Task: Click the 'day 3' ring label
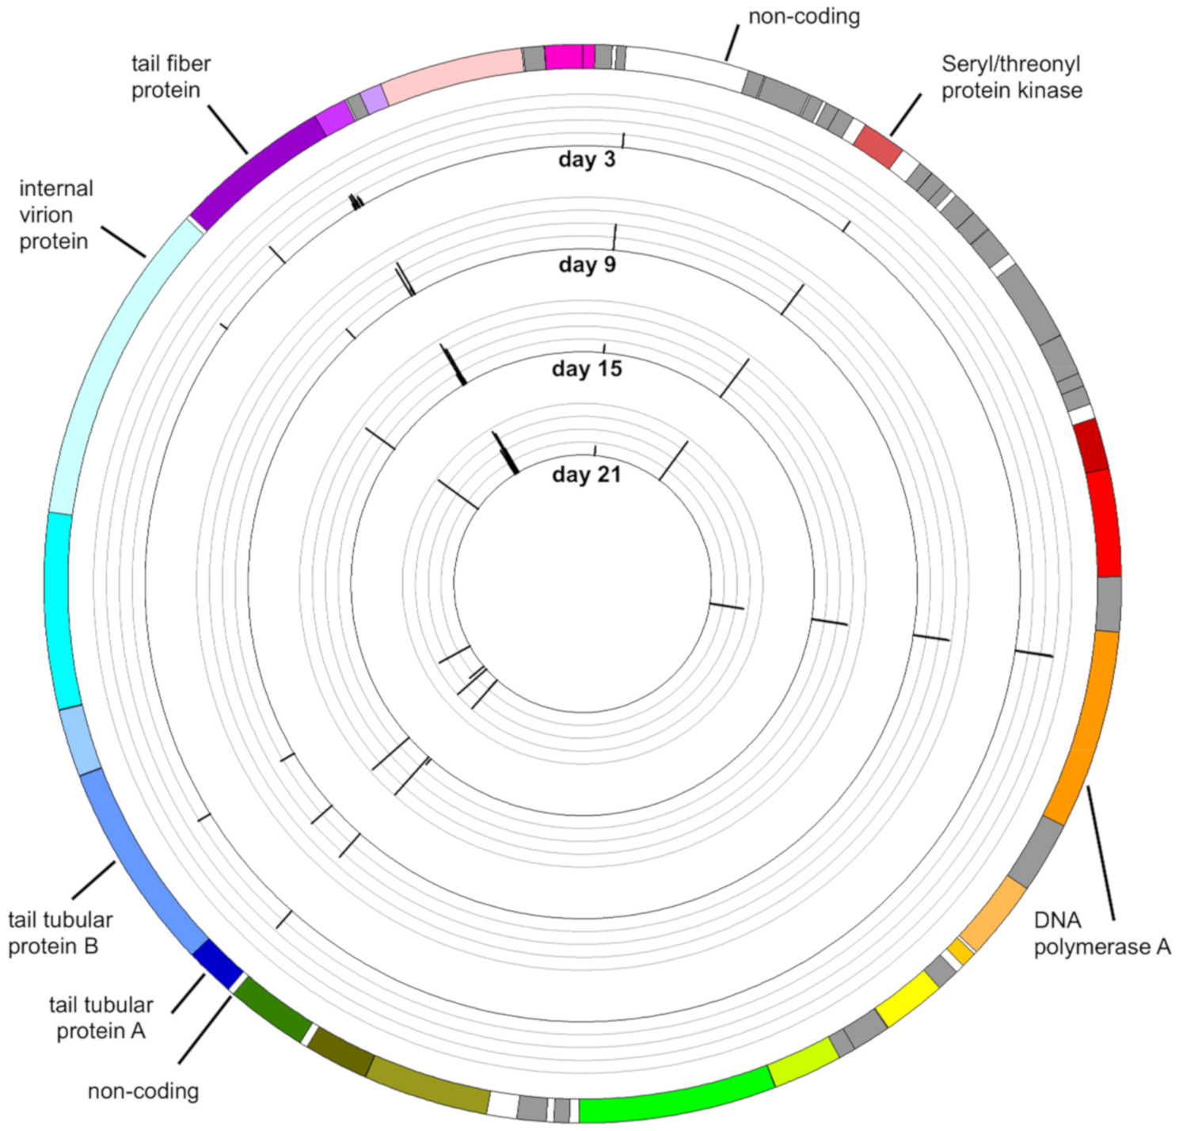(587, 159)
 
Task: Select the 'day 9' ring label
(587, 264)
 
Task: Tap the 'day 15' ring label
(587, 369)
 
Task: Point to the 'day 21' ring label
(587, 474)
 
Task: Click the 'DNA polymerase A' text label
(1101, 933)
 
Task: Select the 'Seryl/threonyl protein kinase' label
(1011, 77)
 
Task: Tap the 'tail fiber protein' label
(170, 77)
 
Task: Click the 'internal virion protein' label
(55, 215)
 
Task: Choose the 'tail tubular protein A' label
(101, 1018)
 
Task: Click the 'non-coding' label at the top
(804, 17)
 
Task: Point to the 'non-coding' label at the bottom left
(143, 1091)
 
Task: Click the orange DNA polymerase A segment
(1084, 725)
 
